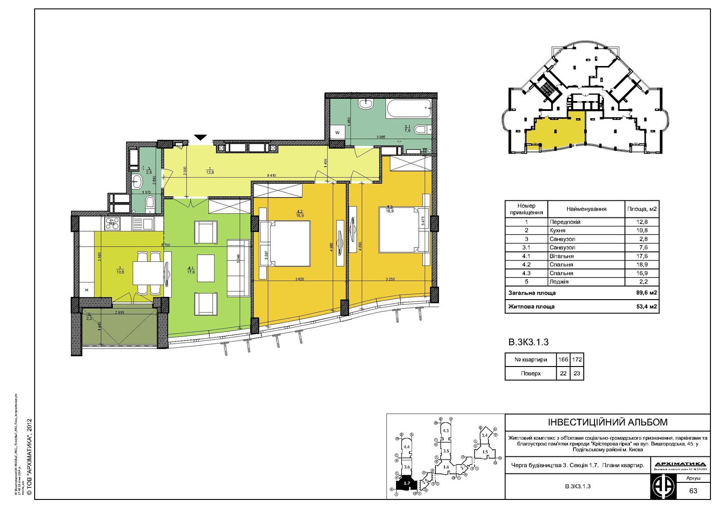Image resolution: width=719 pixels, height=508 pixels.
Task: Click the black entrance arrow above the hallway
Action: click(x=200, y=137)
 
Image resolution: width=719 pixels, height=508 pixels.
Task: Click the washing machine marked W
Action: click(x=337, y=133)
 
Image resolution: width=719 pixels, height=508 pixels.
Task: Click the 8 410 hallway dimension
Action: click(x=271, y=175)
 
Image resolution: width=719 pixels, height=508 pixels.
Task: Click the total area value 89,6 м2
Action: click(x=647, y=293)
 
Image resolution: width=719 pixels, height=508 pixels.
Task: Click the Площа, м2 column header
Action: click(x=642, y=209)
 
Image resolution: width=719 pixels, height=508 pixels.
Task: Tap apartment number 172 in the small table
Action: click(x=577, y=359)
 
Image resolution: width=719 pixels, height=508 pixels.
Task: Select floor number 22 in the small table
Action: click(x=563, y=373)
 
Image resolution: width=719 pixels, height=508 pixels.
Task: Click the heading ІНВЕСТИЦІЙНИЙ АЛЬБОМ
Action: click(x=608, y=422)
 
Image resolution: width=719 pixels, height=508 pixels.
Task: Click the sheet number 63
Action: click(x=693, y=490)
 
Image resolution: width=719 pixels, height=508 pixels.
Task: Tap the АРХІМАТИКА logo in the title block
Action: click(x=680, y=464)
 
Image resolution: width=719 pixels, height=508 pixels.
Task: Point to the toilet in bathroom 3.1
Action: click(x=421, y=130)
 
